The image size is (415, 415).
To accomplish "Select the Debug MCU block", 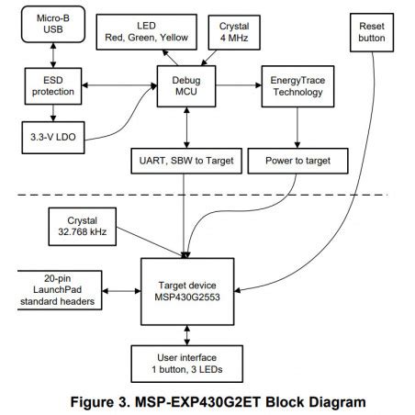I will coord(187,86).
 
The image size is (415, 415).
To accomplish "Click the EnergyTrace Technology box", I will coord(296,86).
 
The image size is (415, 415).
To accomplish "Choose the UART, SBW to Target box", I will coord(187,160).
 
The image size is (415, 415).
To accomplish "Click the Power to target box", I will coord(296,160).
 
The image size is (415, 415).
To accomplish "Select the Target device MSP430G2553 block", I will coord(187,288).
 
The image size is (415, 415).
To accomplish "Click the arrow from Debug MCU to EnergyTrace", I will coord(239,86).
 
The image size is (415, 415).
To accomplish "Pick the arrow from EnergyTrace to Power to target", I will coord(296,128).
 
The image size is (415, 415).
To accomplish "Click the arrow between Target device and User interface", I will coord(187,330).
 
